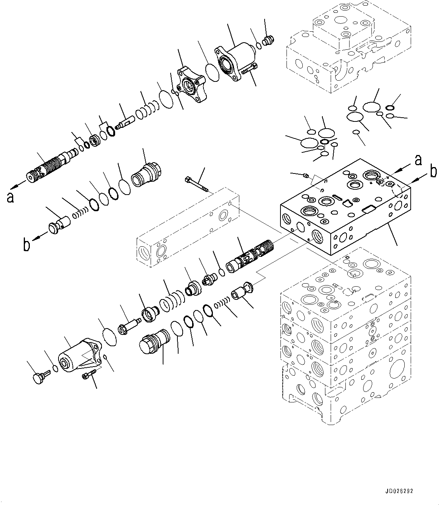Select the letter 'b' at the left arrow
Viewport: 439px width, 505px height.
click(26, 245)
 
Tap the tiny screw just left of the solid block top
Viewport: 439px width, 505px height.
click(307, 175)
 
